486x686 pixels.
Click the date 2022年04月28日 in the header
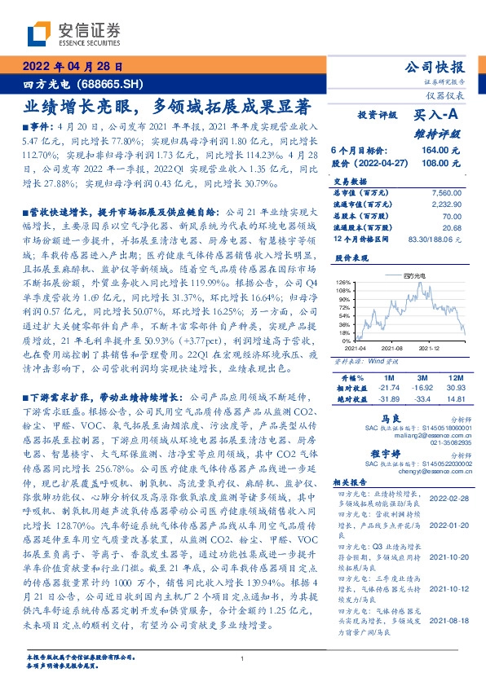[x=73, y=68]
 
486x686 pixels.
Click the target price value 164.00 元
[x=442, y=151]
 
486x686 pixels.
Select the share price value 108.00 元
[x=442, y=162]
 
